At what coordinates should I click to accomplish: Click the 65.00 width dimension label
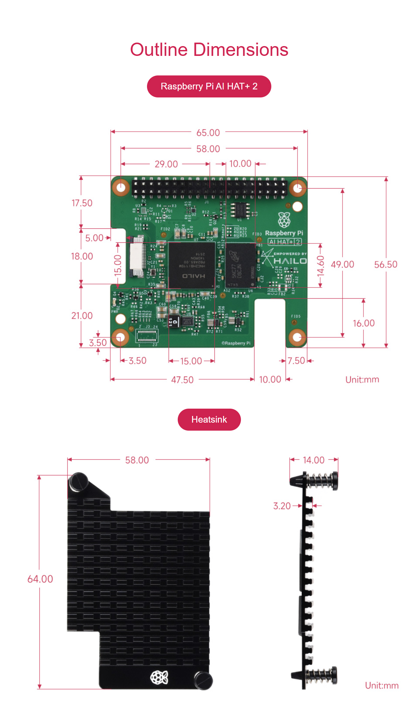click(x=208, y=133)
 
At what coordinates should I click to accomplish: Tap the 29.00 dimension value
click(x=166, y=164)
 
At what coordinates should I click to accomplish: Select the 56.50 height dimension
click(x=385, y=264)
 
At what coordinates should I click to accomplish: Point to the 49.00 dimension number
click(x=342, y=264)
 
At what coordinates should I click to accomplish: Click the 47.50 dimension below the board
click(x=182, y=380)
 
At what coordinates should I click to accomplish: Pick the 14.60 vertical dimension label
click(x=321, y=265)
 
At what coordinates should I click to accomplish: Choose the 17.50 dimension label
click(x=82, y=203)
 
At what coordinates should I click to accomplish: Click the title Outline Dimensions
click(x=209, y=50)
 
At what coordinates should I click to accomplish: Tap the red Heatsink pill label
click(x=209, y=419)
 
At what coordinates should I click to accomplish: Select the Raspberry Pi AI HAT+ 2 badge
click(x=209, y=86)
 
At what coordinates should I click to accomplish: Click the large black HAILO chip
click(x=192, y=265)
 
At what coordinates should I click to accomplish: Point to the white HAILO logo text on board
click(x=290, y=261)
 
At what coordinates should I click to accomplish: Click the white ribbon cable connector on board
click(x=137, y=257)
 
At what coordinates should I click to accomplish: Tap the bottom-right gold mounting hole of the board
click(x=297, y=337)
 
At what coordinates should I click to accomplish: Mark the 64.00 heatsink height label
click(x=40, y=579)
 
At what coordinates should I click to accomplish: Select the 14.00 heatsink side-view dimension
click(x=314, y=460)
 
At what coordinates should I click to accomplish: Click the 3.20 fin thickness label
click(x=282, y=506)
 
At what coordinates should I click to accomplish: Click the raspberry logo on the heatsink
click(x=159, y=677)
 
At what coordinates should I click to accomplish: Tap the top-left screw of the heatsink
click(x=79, y=482)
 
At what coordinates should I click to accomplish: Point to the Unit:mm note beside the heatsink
click(x=382, y=685)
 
